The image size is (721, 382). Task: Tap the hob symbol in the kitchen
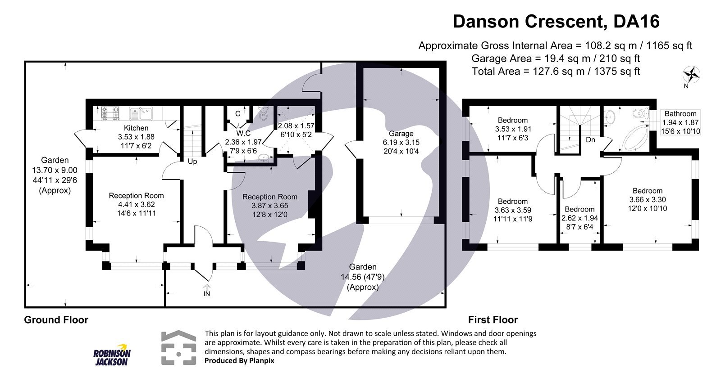(110, 113)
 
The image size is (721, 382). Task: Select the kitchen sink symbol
(141, 113)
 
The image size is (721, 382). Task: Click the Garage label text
(401, 134)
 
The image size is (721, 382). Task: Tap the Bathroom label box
(680, 122)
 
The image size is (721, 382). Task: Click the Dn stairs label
(590, 140)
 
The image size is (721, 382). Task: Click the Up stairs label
(192, 162)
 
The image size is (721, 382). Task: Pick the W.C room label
(243, 133)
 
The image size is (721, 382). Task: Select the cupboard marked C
(237, 114)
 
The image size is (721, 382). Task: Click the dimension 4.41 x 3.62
(136, 204)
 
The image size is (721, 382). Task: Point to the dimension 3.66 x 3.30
(647, 199)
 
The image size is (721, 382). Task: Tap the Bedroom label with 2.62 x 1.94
(580, 209)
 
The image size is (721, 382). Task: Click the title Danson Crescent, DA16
(556, 22)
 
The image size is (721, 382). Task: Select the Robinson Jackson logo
(111, 357)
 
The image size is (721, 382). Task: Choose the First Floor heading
(493, 320)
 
